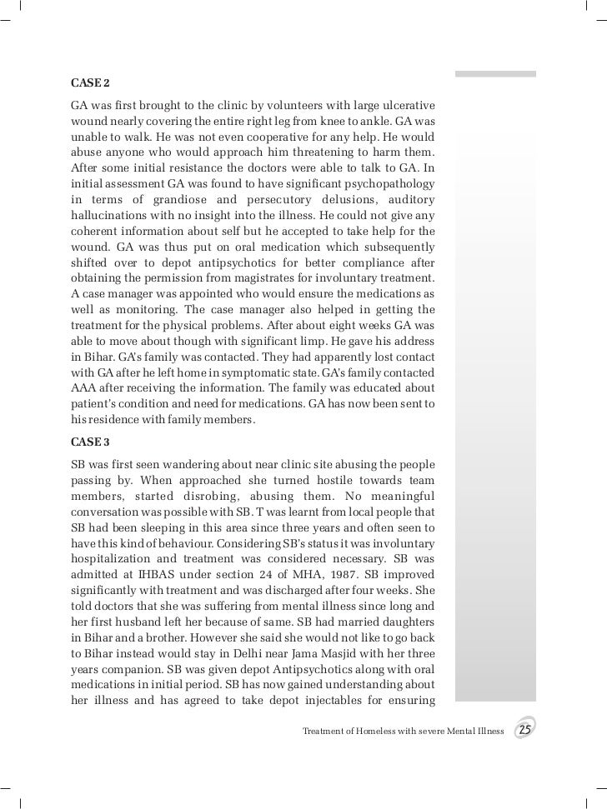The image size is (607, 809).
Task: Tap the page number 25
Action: pos(525,731)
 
